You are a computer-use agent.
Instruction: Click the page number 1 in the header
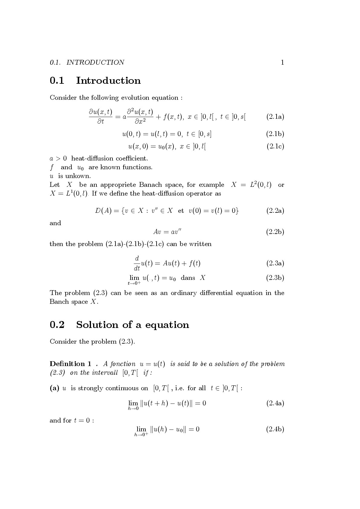coord(282,63)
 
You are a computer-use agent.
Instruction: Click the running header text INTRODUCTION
coord(95,63)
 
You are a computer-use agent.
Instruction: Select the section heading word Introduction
coord(108,81)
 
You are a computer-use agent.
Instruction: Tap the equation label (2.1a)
coord(275,117)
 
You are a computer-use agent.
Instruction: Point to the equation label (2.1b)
coord(275,134)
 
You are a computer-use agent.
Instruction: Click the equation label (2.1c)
coord(275,147)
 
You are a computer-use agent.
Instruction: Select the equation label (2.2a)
coord(275,211)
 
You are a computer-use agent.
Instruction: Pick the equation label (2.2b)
coord(275,232)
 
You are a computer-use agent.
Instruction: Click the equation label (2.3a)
coord(275,263)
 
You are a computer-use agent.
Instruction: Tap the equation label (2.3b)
coord(275,278)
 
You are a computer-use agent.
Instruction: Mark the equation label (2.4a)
coord(275,403)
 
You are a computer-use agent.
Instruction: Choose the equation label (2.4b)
coord(275,429)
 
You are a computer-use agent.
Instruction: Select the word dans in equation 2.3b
coord(188,278)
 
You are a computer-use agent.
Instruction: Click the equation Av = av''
coord(167,232)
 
